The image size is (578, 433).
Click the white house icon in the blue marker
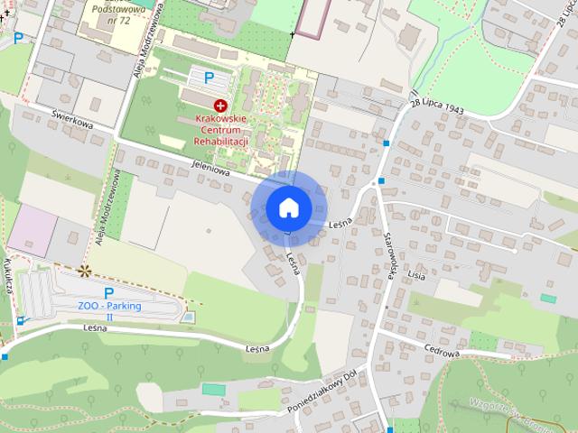pos(289,207)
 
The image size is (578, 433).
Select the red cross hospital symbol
pos(220,106)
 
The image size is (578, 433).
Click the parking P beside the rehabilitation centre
pos(210,78)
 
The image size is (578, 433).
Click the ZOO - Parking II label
pos(109,311)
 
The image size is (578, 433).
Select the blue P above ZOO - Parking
pos(109,292)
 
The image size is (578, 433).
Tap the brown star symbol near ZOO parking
pos(85,270)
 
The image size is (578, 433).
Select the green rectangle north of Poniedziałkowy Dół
pos(213,389)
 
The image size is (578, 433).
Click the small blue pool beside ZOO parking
pos(187,318)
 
